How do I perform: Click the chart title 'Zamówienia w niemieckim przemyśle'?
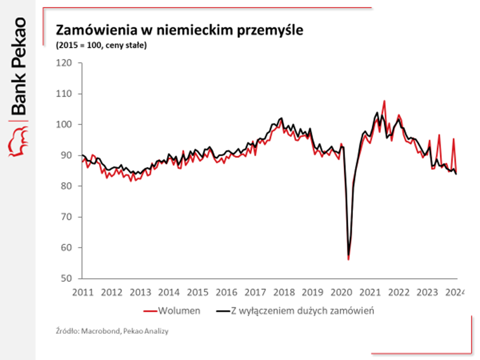180,30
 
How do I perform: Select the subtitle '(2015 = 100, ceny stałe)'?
102,45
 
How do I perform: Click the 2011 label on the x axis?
83,292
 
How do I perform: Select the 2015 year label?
197,292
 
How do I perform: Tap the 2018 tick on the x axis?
283,292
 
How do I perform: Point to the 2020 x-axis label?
341,292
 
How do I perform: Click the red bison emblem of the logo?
18,140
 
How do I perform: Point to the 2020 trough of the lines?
349,258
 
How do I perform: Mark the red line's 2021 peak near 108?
384,101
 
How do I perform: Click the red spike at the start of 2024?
453,139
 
